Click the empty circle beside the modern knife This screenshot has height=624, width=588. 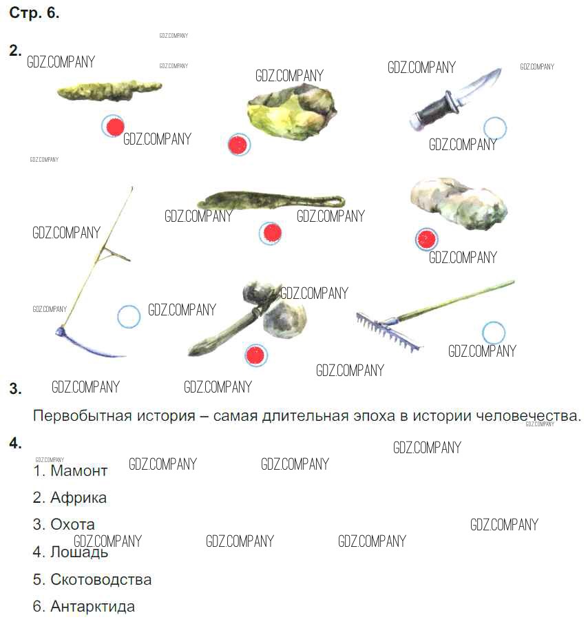pyautogui.click(x=495, y=128)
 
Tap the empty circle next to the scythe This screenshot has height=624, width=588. pyautogui.click(x=129, y=316)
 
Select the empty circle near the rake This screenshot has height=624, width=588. pyautogui.click(x=494, y=333)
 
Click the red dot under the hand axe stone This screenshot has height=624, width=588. pyautogui.click(x=239, y=145)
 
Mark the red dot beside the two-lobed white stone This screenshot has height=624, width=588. pyautogui.click(x=426, y=239)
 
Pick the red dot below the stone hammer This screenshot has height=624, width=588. pyautogui.click(x=256, y=355)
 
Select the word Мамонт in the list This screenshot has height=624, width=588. pyautogui.click(x=78, y=470)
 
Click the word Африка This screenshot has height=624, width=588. pyautogui.click(x=78, y=497)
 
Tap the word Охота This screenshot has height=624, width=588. pyautogui.click(x=72, y=525)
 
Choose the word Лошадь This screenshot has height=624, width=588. pyautogui.click(x=79, y=552)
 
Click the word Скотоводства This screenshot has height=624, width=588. pyautogui.click(x=101, y=579)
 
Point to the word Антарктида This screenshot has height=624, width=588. pyautogui.click(x=93, y=607)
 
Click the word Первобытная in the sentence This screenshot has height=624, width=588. pyautogui.click(x=83, y=416)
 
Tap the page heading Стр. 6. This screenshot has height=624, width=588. pyautogui.click(x=34, y=13)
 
